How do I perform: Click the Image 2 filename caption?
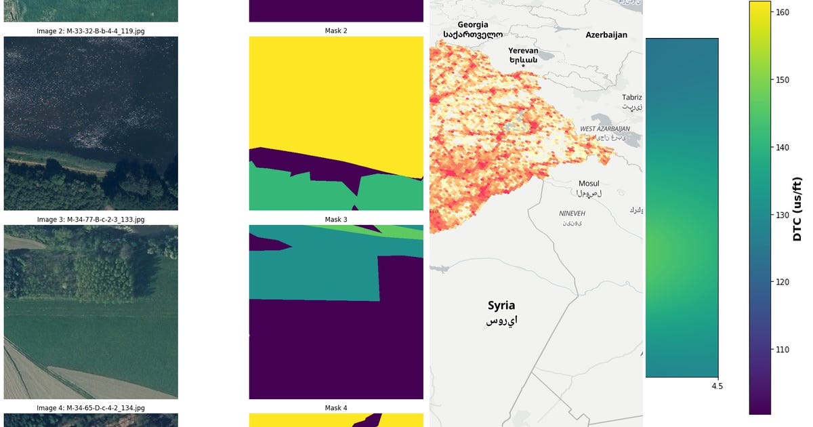pos(91,31)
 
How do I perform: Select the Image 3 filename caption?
pos(91,220)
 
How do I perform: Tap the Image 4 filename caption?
pos(91,408)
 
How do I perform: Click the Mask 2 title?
pos(336,31)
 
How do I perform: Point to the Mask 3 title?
pos(336,220)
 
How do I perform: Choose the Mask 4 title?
pos(336,408)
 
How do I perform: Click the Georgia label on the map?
pos(472,25)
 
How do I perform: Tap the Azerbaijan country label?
pos(606,35)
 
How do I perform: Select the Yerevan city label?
pos(523,51)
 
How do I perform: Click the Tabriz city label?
pos(632,98)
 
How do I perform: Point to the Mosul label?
pos(589,184)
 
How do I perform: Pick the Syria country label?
pos(501,306)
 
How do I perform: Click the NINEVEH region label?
pos(572,213)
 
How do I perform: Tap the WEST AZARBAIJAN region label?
pos(605,129)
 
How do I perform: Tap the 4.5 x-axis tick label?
pos(717,386)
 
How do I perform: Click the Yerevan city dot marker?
pos(523,65)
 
